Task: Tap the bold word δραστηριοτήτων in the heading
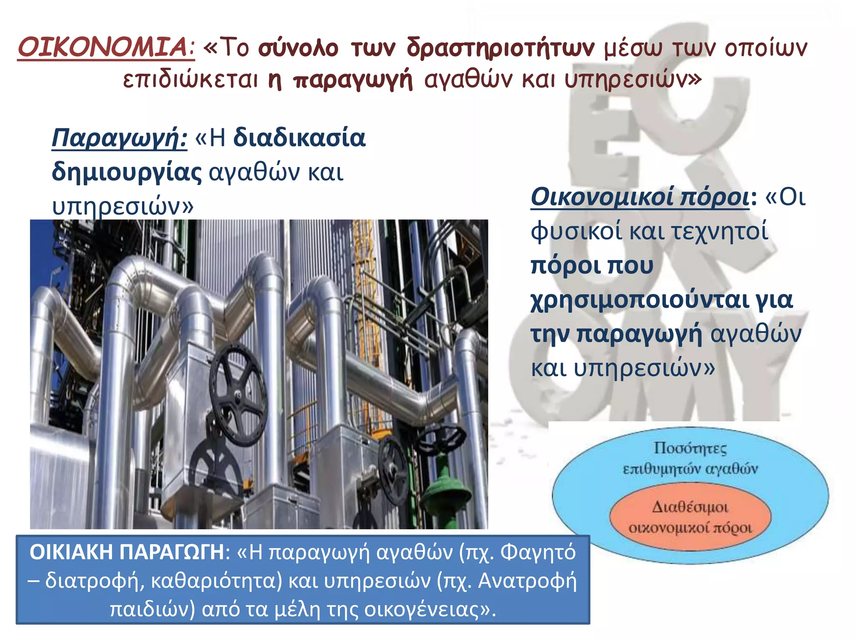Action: click(x=501, y=48)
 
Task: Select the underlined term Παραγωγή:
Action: click(x=119, y=138)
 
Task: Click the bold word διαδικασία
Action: click(x=299, y=138)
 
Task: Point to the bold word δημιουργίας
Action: click(x=127, y=172)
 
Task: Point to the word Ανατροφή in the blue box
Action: click(x=527, y=580)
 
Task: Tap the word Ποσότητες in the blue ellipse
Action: click(x=690, y=448)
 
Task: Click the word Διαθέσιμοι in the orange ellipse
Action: click(x=690, y=507)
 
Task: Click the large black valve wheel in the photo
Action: click(x=238, y=394)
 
